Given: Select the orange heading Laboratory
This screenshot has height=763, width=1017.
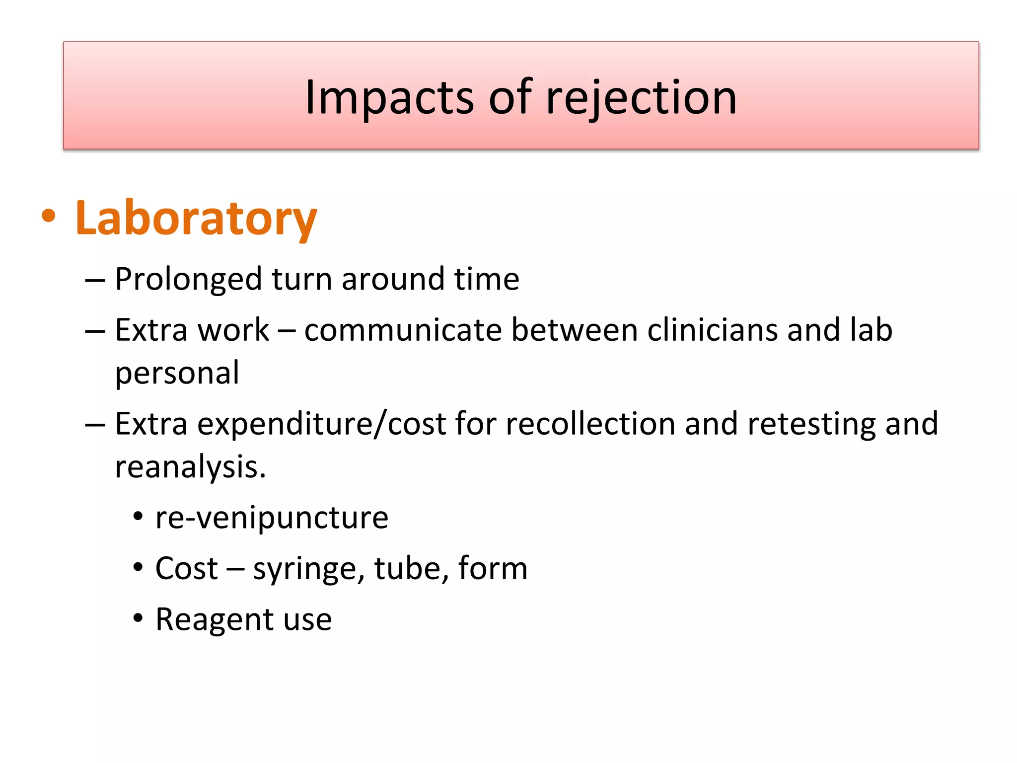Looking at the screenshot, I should click(x=196, y=218).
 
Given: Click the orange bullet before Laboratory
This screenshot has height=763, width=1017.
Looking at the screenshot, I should click(x=49, y=216).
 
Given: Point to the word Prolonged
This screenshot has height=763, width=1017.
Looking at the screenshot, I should click(x=188, y=279).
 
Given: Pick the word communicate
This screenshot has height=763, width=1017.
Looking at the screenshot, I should click(x=403, y=330).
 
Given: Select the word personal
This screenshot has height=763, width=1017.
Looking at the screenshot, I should click(x=177, y=374).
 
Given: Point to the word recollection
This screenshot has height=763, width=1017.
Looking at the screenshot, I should click(x=590, y=424).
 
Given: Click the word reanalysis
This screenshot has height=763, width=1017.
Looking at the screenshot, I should click(x=190, y=467).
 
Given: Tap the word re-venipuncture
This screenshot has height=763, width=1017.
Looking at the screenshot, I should click(x=272, y=518).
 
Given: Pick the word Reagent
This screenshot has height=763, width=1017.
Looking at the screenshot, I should click(x=215, y=619).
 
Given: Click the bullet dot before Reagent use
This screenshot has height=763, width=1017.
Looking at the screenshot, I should click(x=138, y=619).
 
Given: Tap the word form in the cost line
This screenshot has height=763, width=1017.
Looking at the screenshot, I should click(x=493, y=568).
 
